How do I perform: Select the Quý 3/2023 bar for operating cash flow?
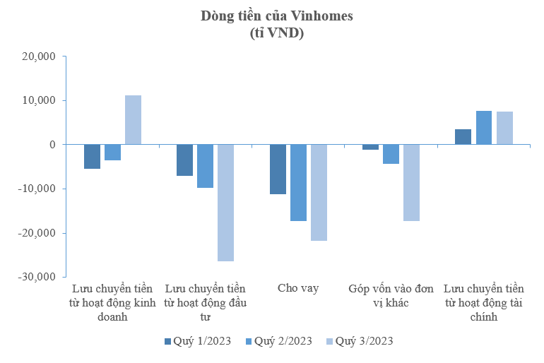tap(134, 120)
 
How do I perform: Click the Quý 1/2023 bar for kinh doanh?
tap(92, 156)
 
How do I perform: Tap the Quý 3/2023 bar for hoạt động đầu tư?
tap(225, 203)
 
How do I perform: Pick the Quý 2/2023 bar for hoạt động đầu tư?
tap(205, 166)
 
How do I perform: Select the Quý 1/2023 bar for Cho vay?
tap(278, 169)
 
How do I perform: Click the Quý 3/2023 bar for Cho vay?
tap(319, 192)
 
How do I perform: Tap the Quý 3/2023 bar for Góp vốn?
tap(411, 182)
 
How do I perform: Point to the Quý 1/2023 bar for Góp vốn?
tap(370, 147)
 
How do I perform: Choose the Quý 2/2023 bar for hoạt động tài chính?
tap(483, 128)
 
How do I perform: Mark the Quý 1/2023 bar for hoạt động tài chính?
tap(463, 137)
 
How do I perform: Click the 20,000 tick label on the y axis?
tap(40, 56)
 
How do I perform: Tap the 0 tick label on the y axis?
tap(52, 145)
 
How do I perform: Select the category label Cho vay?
tap(298, 288)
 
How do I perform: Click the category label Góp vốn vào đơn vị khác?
tap(391, 295)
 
